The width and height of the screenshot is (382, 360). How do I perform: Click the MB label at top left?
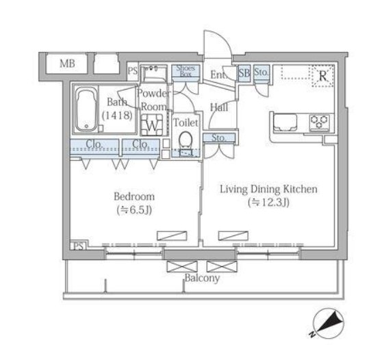click(x=67, y=64)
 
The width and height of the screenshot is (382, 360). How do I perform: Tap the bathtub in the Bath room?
click(x=86, y=110)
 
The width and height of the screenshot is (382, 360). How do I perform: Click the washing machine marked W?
click(x=153, y=125)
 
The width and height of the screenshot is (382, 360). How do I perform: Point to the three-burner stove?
click(x=320, y=122)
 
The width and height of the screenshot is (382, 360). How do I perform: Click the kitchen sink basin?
click(x=285, y=122)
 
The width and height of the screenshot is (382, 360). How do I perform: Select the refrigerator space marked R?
click(x=322, y=76)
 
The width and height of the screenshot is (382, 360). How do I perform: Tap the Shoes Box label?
click(x=186, y=71)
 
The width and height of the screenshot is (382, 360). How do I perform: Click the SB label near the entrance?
click(x=244, y=73)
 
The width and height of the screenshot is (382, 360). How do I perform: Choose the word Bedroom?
click(x=134, y=196)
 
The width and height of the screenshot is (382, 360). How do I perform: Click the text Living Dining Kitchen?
click(x=269, y=190)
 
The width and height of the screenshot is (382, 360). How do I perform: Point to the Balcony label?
click(x=202, y=278)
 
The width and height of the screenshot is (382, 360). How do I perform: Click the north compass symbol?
click(x=329, y=324)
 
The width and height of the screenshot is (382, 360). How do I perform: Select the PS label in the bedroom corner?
click(x=79, y=246)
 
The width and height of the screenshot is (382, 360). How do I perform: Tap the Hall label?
click(x=219, y=107)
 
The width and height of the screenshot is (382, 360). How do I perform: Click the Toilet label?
click(x=186, y=123)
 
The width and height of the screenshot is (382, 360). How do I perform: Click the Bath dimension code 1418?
click(x=117, y=115)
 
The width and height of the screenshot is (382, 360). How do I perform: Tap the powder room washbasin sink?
click(x=155, y=73)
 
